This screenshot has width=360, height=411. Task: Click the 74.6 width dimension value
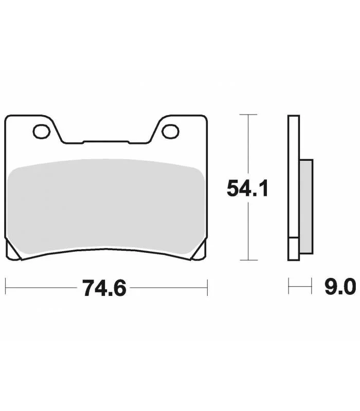pyautogui.click(x=104, y=288)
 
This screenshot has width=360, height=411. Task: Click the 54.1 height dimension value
pyautogui.click(x=247, y=189)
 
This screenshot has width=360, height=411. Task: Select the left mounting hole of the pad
pyautogui.click(x=42, y=132)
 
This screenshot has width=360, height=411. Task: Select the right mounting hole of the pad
pyautogui.click(x=171, y=132)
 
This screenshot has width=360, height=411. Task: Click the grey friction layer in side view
pyautogui.click(x=306, y=207)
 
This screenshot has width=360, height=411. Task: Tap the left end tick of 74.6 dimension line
pyautogui.click(x=6, y=288)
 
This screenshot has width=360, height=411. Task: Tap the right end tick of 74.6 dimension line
pyautogui.click(x=207, y=288)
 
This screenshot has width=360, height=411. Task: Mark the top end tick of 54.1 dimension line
pyautogui.click(x=248, y=115)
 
